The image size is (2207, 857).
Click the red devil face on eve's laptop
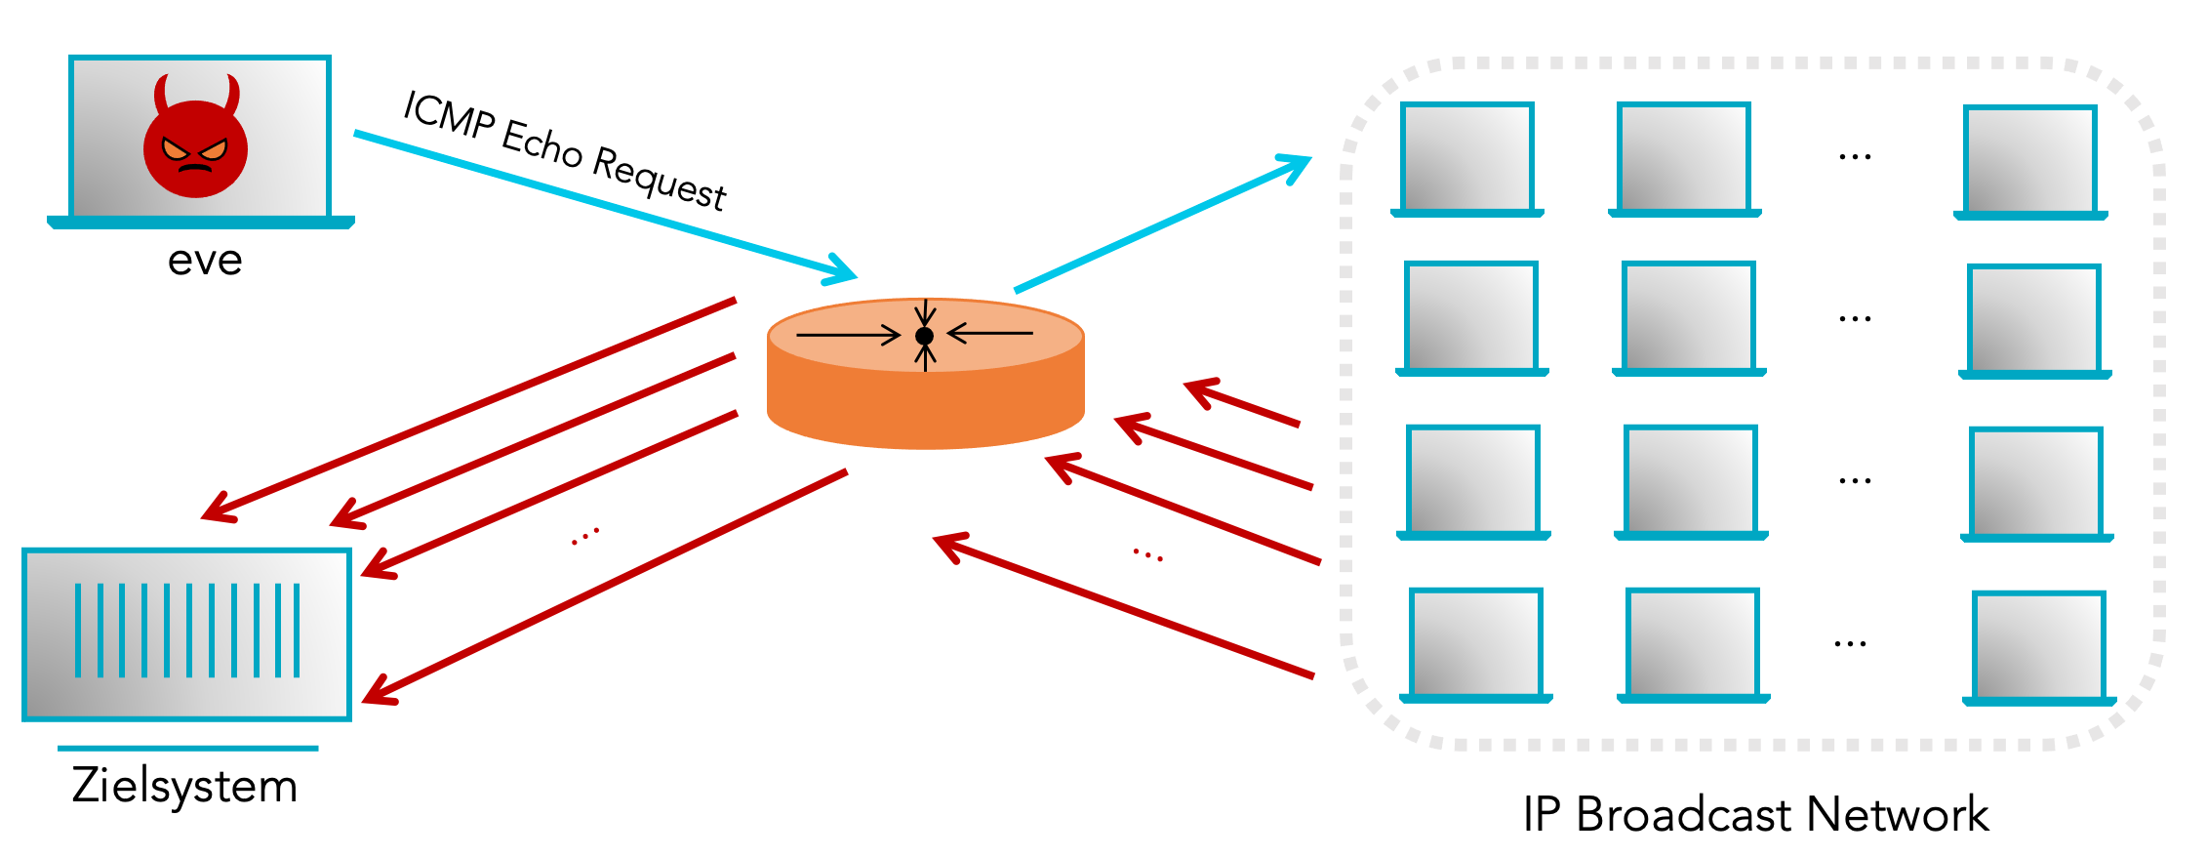[x=195, y=144]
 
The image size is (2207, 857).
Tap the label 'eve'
[x=205, y=261]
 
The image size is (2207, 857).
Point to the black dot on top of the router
[x=925, y=336]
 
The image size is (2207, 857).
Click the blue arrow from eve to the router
[x=605, y=206]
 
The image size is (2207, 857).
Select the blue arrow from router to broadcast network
[x=1161, y=224]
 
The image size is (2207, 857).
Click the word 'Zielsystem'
[x=184, y=787]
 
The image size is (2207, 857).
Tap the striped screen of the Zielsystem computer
[x=186, y=633]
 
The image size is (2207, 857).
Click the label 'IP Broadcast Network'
[x=1755, y=815]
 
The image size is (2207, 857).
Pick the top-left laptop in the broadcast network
[x=1467, y=159]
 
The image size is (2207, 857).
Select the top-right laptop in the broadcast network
[x=2030, y=162]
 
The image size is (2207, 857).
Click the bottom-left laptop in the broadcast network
[x=1475, y=645]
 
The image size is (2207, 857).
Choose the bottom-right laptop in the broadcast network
[x=2038, y=648]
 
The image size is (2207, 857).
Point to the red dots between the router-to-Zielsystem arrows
[x=585, y=536]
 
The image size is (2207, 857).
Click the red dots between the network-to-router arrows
[x=1147, y=555]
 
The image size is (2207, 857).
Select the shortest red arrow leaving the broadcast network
[x=1242, y=404]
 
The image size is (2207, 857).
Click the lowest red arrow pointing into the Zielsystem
[x=605, y=586]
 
